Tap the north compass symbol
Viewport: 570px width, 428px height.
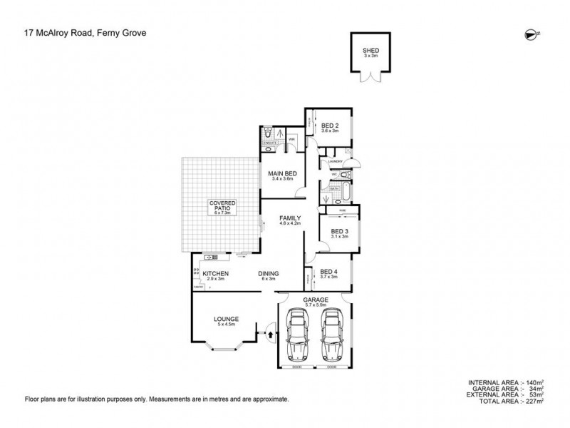[x=529, y=32]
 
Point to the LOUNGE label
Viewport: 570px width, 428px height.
[x=227, y=320]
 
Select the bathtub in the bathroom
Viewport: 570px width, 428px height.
[x=345, y=191]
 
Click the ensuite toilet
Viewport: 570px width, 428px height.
[x=266, y=133]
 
